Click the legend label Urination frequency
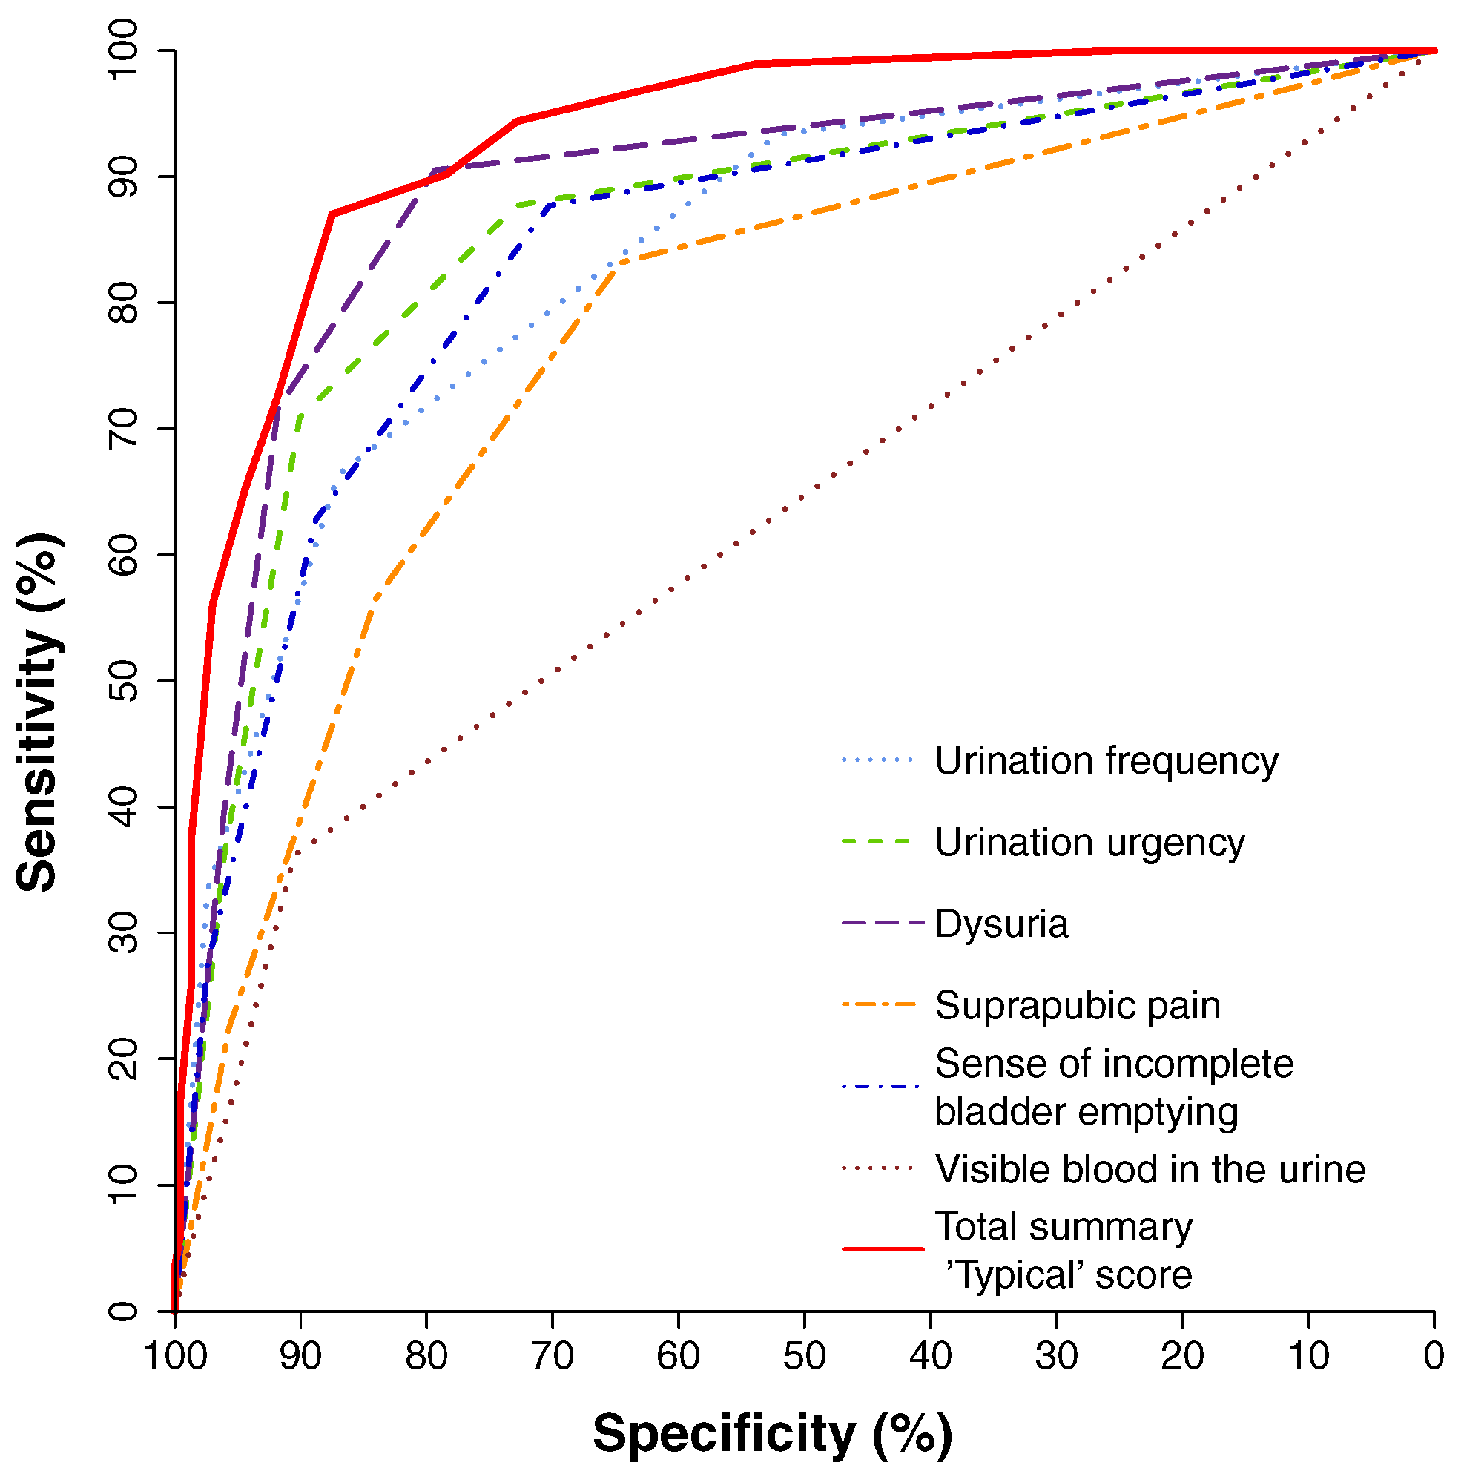point(1107,761)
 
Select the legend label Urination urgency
point(1089,843)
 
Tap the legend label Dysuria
point(1001,924)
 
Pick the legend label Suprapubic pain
point(1078,1006)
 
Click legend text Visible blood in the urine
point(1150,1170)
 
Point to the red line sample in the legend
point(883,1249)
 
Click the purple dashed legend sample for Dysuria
point(883,923)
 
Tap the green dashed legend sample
point(877,841)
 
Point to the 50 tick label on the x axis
point(804,1356)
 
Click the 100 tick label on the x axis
point(175,1356)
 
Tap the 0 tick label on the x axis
point(1434,1356)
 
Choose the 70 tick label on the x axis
point(552,1356)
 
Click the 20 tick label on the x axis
point(1181,1356)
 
